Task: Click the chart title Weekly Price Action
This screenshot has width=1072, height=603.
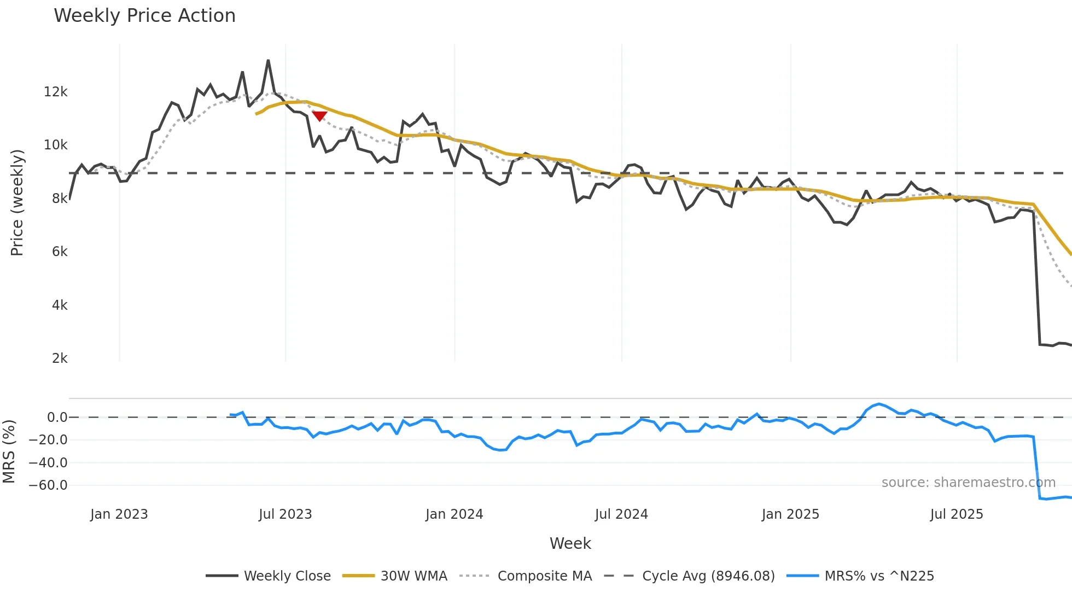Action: click(144, 16)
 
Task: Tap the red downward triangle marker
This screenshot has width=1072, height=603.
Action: click(319, 116)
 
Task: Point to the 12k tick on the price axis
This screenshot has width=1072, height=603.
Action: click(56, 92)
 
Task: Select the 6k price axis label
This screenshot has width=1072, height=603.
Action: click(60, 252)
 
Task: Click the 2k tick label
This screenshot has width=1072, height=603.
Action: click(60, 358)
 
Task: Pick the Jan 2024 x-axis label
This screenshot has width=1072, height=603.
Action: click(454, 514)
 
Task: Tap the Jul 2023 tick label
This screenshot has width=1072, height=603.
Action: click(285, 514)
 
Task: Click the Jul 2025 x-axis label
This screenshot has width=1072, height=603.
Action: click(956, 514)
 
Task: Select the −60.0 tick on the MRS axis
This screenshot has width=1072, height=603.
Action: click(48, 485)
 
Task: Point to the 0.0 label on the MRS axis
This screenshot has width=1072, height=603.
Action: click(57, 418)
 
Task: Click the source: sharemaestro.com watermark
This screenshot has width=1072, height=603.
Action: click(968, 483)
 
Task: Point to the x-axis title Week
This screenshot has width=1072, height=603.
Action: click(570, 543)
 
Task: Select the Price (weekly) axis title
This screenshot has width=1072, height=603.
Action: click(17, 202)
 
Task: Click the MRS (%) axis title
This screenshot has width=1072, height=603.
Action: click(9, 451)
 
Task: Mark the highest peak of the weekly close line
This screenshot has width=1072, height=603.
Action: click(268, 61)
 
